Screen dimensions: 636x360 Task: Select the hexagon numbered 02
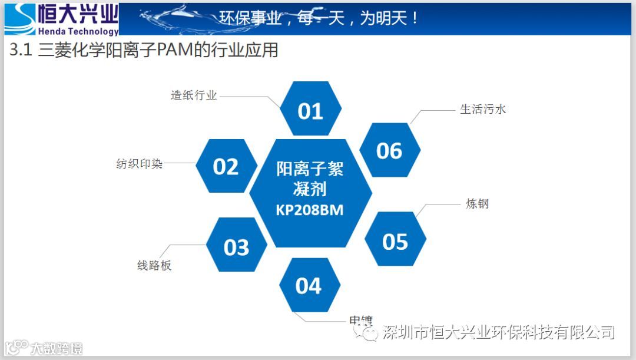[226, 167]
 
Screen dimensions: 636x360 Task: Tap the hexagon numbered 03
[236, 247]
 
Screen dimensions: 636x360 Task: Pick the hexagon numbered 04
[309, 286]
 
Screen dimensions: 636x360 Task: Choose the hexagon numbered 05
[395, 242]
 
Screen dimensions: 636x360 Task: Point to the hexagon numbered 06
[389, 151]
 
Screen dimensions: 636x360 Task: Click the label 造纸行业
[194, 95]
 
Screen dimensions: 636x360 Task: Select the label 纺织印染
[140, 164]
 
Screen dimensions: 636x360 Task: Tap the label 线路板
[154, 265]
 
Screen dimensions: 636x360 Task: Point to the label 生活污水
[483, 109]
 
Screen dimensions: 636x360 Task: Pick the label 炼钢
[477, 204]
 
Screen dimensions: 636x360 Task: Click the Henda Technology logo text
[78, 31]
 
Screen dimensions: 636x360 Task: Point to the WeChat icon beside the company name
[370, 333]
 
